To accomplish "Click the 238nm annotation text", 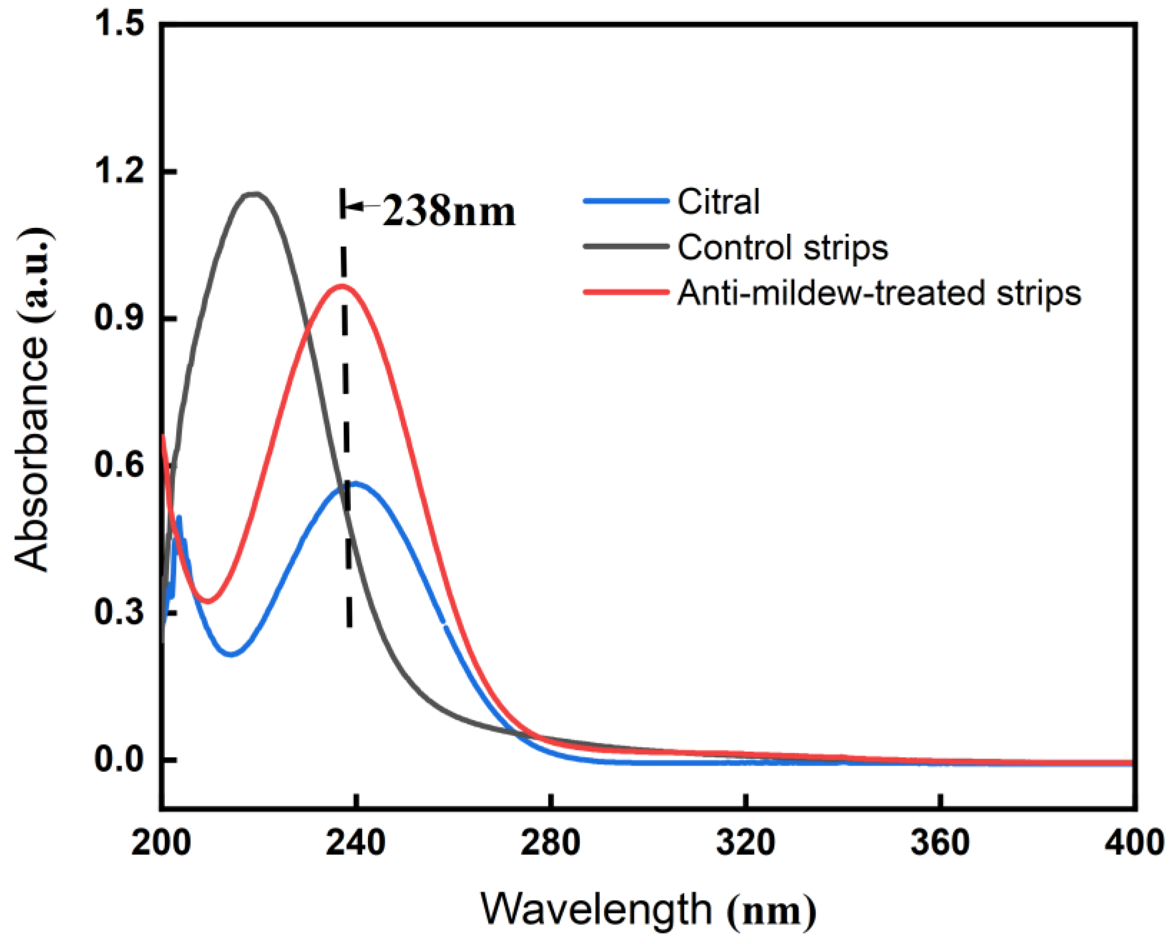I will click(448, 212).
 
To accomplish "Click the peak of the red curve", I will click(342, 286).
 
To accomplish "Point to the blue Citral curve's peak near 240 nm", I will click(354, 483).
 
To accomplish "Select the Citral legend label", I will click(718, 202).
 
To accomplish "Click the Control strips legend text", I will click(783, 247).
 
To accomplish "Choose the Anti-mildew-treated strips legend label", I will click(879, 293).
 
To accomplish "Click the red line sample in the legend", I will click(626, 293).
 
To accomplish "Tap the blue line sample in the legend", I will click(626, 201).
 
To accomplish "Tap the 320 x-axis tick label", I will click(745, 842).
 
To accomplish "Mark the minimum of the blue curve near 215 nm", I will click(232, 654).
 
